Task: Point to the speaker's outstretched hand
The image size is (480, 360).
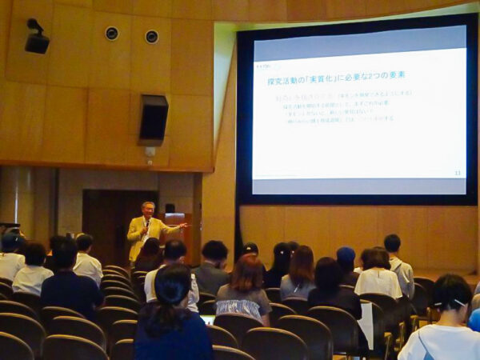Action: point(184,226)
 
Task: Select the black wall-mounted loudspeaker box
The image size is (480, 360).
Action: point(153,119)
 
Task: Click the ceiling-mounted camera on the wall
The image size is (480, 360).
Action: point(36,38)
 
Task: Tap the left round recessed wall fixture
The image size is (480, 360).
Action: point(111,34)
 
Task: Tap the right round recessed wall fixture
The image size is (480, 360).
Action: point(151,37)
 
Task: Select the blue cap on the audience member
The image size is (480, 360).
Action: point(345,255)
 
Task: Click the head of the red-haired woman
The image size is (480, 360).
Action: point(246,270)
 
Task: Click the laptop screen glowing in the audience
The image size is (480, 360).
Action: point(209,319)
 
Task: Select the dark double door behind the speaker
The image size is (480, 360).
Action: point(108,224)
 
